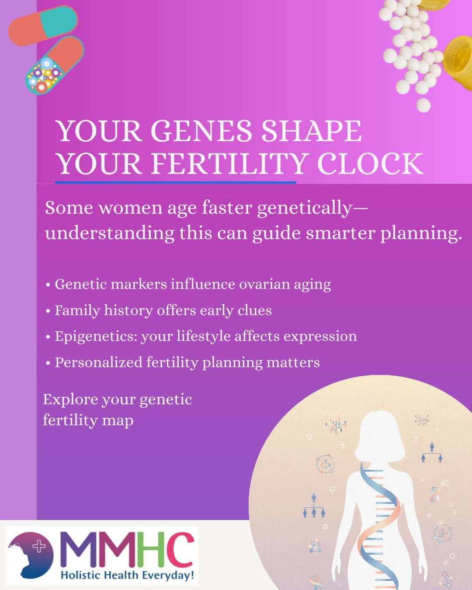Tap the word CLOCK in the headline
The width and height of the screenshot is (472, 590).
click(x=370, y=163)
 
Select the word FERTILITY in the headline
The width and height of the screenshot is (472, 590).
click(x=230, y=163)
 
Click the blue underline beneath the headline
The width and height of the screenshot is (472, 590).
click(x=175, y=182)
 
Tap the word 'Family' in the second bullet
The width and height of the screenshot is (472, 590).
click(x=77, y=310)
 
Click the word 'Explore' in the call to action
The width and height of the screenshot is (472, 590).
click(x=70, y=399)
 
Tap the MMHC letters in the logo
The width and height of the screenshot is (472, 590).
click(x=127, y=549)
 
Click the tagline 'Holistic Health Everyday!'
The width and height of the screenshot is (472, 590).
click(x=127, y=575)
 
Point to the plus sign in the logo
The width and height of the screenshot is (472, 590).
click(x=39, y=546)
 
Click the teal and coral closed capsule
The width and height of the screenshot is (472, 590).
click(x=43, y=25)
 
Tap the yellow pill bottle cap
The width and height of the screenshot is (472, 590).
click(x=459, y=61)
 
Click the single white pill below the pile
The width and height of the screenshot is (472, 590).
click(x=423, y=105)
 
